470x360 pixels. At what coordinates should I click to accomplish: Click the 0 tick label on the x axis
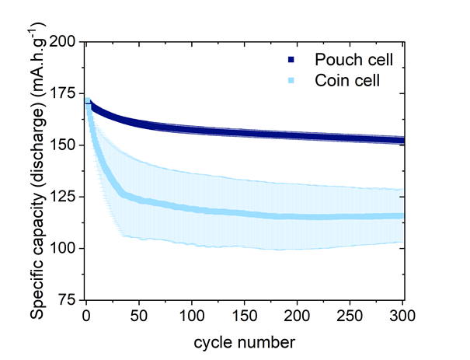86,316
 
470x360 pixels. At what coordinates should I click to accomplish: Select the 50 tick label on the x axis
139,316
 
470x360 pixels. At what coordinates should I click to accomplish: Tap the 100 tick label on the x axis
192,316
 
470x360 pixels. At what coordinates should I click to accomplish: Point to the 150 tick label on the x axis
245,316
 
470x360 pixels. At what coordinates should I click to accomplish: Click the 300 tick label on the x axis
402,316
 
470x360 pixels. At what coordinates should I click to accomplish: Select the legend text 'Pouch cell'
347,60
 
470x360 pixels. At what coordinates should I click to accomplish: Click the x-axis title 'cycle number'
245,341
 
